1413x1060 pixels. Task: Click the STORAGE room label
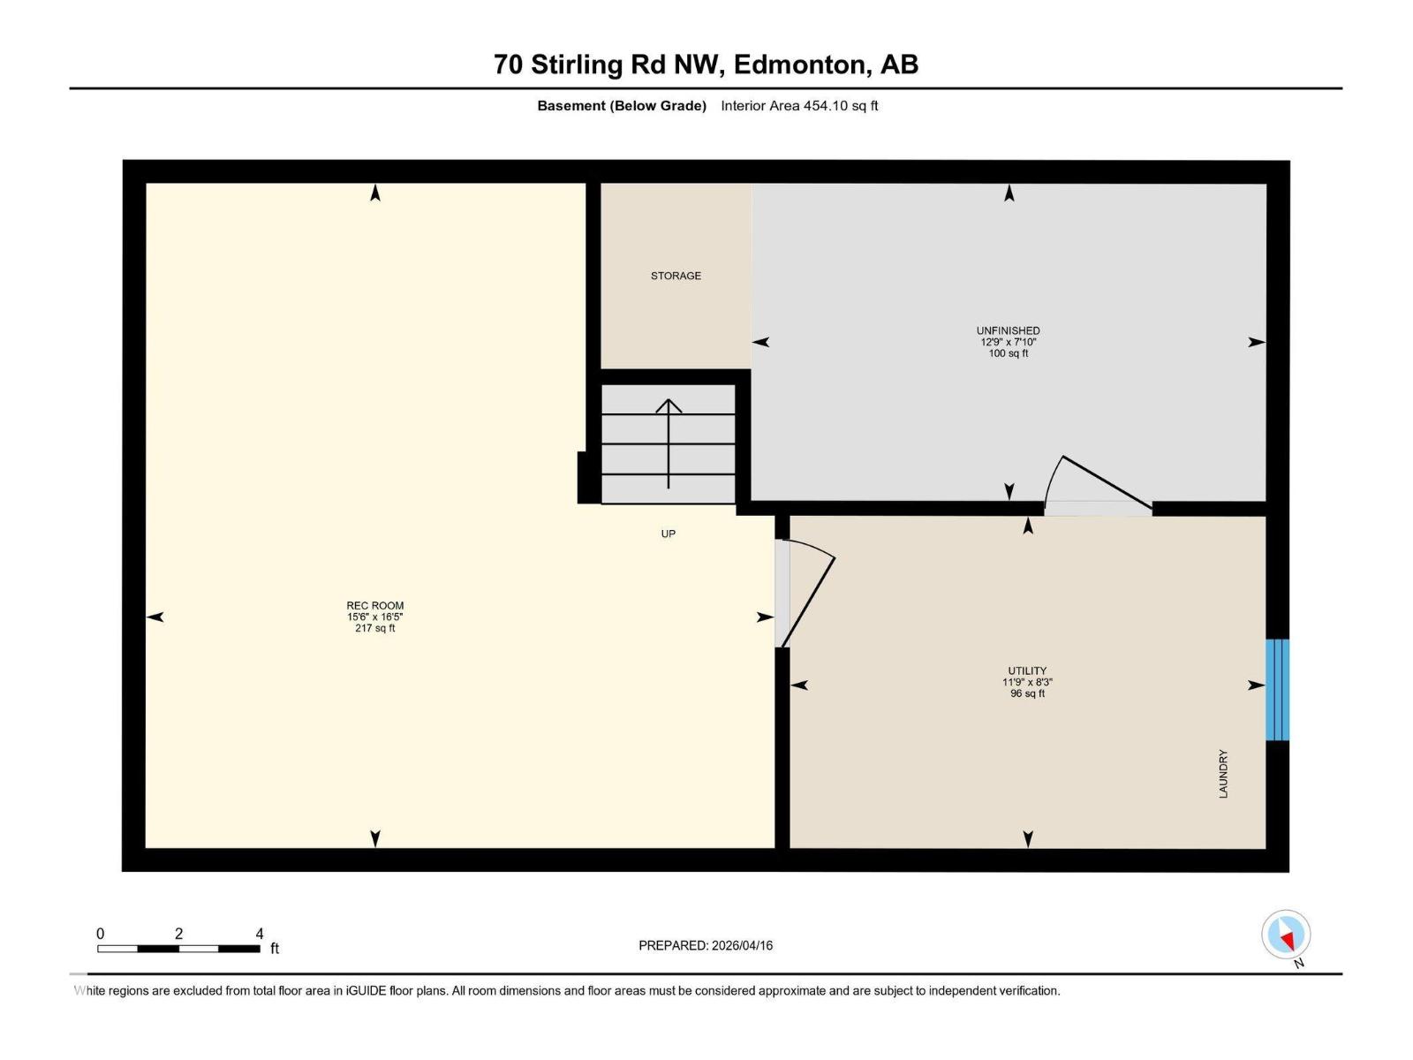click(x=676, y=276)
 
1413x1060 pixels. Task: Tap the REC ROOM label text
click(x=374, y=606)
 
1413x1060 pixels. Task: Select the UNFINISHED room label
click(x=1008, y=330)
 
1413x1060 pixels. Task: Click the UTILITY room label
click(x=1027, y=670)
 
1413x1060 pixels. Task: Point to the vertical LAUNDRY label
click(x=1223, y=774)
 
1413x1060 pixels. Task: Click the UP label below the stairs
click(x=669, y=534)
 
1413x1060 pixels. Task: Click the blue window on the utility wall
click(x=1277, y=690)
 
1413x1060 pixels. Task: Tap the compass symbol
click(x=1286, y=935)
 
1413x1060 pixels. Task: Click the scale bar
click(x=178, y=949)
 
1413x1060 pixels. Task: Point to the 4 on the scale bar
click(x=259, y=934)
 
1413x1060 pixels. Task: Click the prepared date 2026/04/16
click(x=742, y=945)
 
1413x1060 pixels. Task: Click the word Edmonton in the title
click(x=799, y=64)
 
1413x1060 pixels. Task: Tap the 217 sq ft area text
click(x=374, y=628)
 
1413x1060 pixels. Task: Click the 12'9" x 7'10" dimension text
click(x=1008, y=342)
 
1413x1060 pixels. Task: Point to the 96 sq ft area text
click(x=1027, y=693)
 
